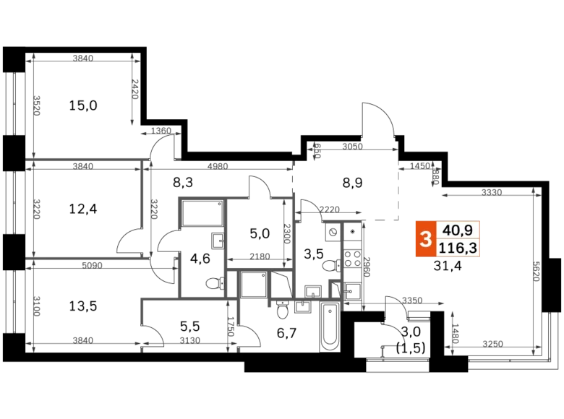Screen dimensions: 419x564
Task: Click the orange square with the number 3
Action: coord(424,239)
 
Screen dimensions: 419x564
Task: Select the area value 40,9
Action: coord(458,230)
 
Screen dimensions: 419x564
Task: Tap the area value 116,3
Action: coord(458,249)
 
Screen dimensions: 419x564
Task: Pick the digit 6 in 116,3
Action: coord(458,249)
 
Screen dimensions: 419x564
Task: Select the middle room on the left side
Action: coord(87,209)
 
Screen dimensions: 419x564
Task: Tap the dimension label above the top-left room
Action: coord(83,55)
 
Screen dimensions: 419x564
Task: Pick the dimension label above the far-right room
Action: coord(492,189)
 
